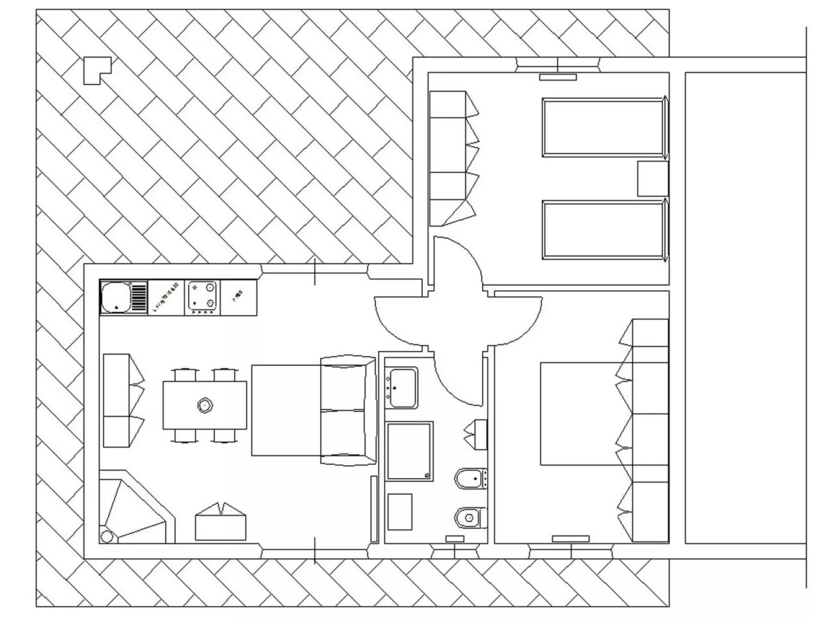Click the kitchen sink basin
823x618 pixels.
pos(116,298)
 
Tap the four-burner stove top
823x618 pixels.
pos(202,297)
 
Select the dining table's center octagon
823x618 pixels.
pos(205,405)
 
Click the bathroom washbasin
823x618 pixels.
pos(401,388)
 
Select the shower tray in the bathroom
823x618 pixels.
pos(409,451)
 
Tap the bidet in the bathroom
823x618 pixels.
pos(470,478)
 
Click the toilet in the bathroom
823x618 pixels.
pos(469,517)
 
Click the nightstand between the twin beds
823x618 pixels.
pos(652,178)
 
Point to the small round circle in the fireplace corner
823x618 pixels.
pos(107,536)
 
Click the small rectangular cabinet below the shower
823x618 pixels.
pos(400,511)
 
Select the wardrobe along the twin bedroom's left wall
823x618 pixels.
pos(447,158)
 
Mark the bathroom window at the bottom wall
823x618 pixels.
pos(455,551)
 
